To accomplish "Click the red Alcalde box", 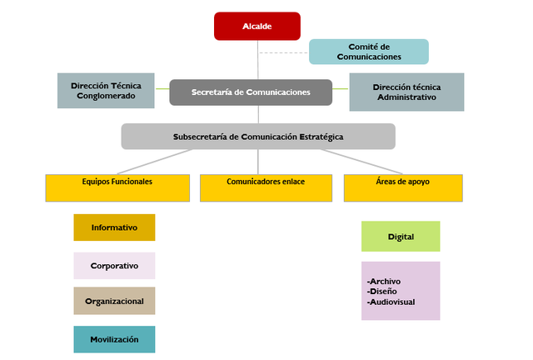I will pyautogui.click(x=257, y=27).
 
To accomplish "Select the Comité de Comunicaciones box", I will pyautogui.click(x=368, y=52).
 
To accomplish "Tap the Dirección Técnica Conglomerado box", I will pyautogui.click(x=106, y=91).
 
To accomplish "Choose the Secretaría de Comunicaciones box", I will pyautogui.click(x=251, y=92).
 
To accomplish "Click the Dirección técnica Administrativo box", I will pyautogui.click(x=406, y=92).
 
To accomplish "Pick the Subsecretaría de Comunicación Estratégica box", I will pyautogui.click(x=258, y=136).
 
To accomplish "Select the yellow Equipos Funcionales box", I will pyautogui.click(x=117, y=187).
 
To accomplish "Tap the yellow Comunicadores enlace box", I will pyautogui.click(x=265, y=187).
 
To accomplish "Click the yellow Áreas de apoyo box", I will pyautogui.click(x=403, y=187).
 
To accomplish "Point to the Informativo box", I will pyautogui.click(x=114, y=227).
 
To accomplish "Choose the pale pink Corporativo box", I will pyautogui.click(x=114, y=266).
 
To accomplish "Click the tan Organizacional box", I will pyautogui.click(x=114, y=302).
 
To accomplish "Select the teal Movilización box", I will pyautogui.click(x=114, y=339).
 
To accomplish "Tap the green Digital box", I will pyautogui.click(x=401, y=237).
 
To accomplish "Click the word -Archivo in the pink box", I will pyautogui.click(x=384, y=281).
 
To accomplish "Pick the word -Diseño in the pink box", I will pyautogui.click(x=382, y=291).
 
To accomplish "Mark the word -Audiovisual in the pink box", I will pyautogui.click(x=390, y=302).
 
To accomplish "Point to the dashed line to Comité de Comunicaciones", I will pyautogui.click(x=283, y=52).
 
